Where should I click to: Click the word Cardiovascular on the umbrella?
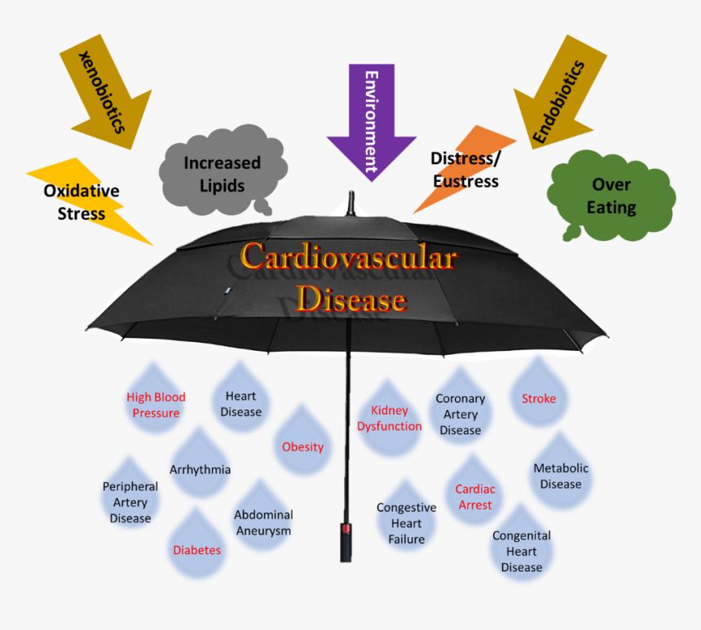click(349, 258)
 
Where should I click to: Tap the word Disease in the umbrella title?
click(350, 299)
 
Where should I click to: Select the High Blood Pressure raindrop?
click(156, 403)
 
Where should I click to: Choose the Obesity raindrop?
click(302, 445)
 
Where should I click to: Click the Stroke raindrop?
click(539, 397)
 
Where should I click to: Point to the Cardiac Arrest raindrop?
click(474, 495)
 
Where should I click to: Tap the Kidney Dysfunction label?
click(390, 418)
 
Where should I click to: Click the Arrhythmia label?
click(200, 469)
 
